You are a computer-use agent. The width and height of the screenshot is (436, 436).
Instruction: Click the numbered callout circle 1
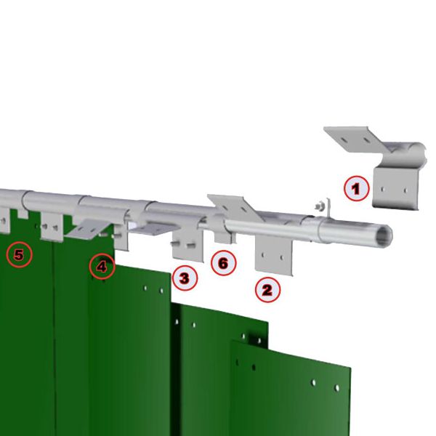357,188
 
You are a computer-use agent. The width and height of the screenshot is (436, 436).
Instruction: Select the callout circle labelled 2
267,290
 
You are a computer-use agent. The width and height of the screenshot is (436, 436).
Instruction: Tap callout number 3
185,278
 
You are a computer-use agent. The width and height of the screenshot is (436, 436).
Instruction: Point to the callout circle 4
102,267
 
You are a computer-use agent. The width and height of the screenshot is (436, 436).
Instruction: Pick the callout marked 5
19,254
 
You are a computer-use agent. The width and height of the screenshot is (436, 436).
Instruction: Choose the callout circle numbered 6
224,263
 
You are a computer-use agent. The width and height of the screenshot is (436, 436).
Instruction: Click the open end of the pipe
386,235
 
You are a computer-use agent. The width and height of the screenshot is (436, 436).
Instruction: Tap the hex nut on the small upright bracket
319,206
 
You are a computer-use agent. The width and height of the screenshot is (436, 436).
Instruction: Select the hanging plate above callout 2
274,255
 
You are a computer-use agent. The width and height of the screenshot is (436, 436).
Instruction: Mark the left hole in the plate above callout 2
263,254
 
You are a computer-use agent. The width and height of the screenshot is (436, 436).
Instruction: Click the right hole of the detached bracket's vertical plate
405,190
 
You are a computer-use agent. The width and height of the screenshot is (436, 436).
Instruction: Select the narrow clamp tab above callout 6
224,238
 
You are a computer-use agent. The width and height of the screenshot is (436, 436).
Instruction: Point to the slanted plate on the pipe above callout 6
235,206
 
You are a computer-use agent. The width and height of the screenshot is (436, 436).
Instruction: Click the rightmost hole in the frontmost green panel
336,387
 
